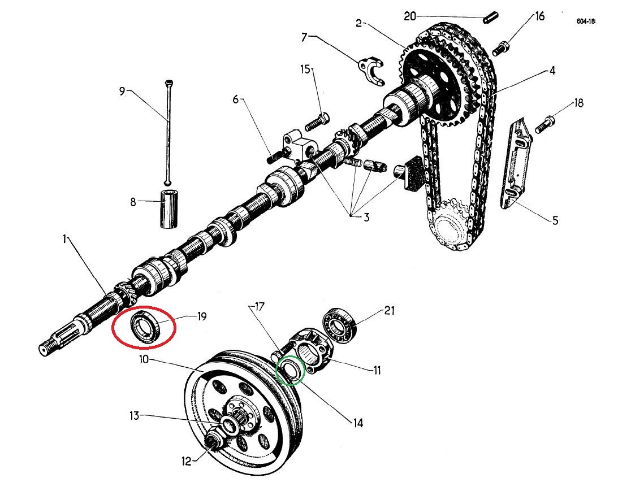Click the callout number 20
[410, 16]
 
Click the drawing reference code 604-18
[585, 21]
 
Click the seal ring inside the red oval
[144, 329]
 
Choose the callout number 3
[366, 217]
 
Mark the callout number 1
[64, 240]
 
